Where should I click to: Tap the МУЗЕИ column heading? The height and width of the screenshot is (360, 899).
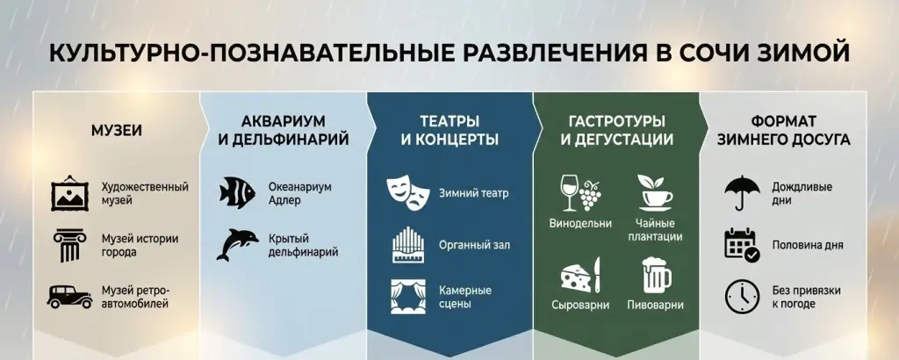pyautogui.click(x=117, y=131)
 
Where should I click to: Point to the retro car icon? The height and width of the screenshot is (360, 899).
pyautogui.click(x=70, y=296)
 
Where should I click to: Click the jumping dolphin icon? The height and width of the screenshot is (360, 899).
pyautogui.click(x=236, y=244)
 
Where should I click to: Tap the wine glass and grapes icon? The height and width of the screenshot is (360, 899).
pyautogui.click(x=580, y=192)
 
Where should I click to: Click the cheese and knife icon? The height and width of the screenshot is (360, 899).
pyautogui.click(x=580, y=276)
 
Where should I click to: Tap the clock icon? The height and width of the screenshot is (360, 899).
pyautogui.click(x=742, y=296)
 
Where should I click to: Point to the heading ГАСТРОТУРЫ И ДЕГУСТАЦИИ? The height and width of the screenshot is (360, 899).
pyautogui.click(x=616, y=130)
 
